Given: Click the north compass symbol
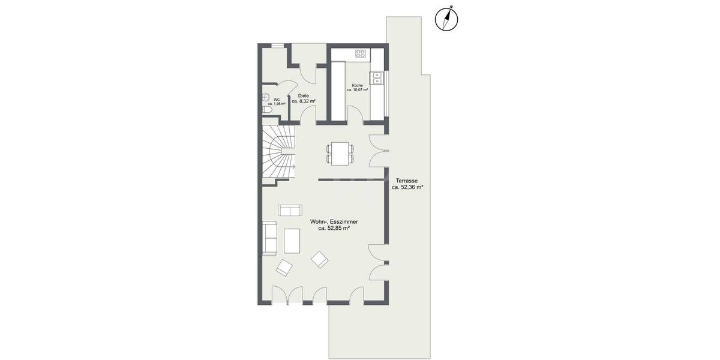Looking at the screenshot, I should click(x=445, y=19).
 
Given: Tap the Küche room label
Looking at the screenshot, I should click(x=357, y=85).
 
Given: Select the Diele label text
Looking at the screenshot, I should click(x=304, y=95).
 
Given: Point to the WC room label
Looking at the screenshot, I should click(x=277, y=100).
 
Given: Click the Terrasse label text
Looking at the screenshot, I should click(x=407, y=181).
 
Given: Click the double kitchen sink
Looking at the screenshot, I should click(x=377, y=79).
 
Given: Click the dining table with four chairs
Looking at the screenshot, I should click(x=340, y=153).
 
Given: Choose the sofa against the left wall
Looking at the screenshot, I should click(x=269, y=237).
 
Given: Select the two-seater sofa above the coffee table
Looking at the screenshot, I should click(x=290, y=210).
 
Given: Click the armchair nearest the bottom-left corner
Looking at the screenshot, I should click(x=284, y=268).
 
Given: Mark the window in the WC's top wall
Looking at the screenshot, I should click(x=278, y=45).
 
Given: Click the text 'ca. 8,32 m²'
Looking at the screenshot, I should click(x=304, y=101).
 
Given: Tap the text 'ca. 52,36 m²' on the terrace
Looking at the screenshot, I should click(x=407, y=187).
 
